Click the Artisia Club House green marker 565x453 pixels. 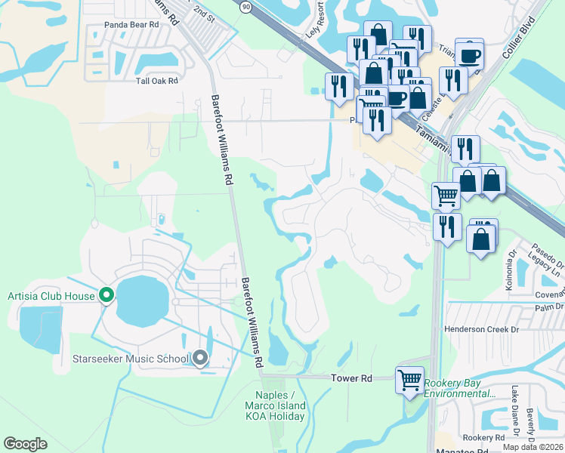(107, 295)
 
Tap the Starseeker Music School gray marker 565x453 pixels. (199, 358)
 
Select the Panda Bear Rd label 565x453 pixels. (132, 25)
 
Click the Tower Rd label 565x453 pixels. (352, 377)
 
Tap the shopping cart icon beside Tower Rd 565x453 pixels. (409, 379)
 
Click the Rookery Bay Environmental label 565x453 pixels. (460, 389)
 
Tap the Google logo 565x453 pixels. (26, 444)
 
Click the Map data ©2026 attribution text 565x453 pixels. (533, 447)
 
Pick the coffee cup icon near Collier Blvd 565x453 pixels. (470, 54)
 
